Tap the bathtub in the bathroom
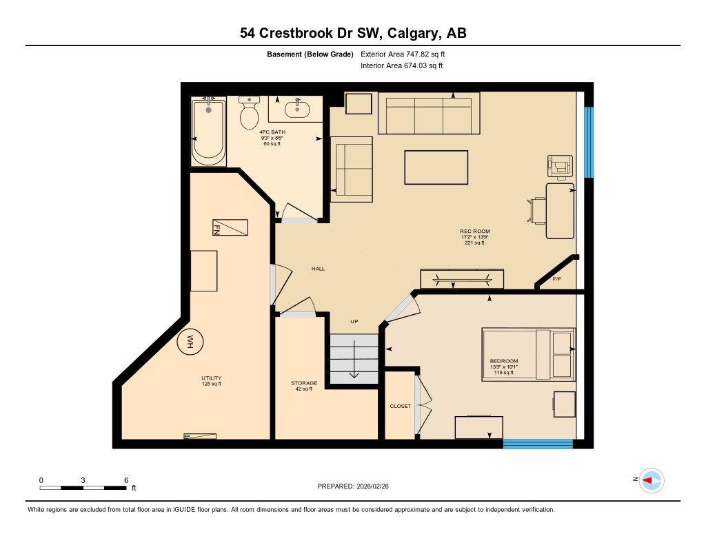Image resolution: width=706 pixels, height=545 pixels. (208, 132)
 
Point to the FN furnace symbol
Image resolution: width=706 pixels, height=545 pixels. (229, 227)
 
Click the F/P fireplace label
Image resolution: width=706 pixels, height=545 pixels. (557, 279)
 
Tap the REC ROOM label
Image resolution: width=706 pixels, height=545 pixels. (475, 232)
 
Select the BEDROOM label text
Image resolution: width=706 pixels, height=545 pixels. (503, 361)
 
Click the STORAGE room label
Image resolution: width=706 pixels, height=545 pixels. (303, 383)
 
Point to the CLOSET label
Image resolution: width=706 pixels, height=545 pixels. (400, 407)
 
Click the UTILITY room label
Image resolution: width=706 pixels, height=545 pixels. (211, 378)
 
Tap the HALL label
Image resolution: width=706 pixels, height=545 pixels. (318, 269)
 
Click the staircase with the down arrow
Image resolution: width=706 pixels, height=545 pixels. (354, 358)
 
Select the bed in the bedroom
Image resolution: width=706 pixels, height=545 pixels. (528, 354)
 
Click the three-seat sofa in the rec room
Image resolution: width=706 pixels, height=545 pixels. (429, 114)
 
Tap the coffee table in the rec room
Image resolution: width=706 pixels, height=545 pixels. (430, 167)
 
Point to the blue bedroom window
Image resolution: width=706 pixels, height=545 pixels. (538, 444)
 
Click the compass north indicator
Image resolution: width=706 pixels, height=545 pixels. (651, 480)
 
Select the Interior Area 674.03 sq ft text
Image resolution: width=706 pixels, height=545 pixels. (401, 66)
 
